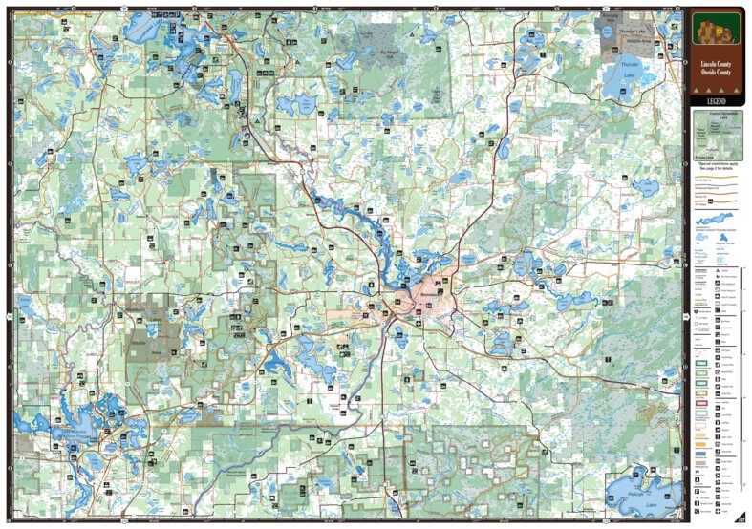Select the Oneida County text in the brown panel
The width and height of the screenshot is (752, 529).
pyautogui.click(x=716, y=74)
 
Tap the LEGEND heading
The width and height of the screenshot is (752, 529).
pyautogui.click(x=716, y=100)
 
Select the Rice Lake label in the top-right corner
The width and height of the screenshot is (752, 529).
pyautogui.click(x=609, y=18)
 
